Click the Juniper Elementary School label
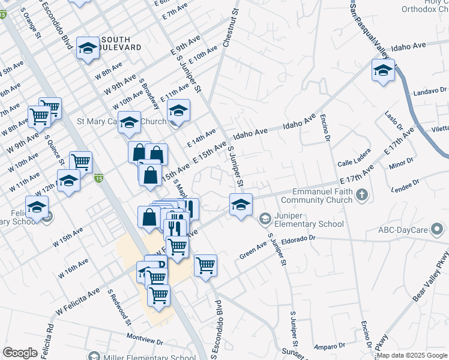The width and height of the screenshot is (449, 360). coord(309,220)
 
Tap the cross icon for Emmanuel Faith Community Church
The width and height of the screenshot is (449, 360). coord(361,194)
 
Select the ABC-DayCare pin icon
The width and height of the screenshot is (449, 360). coord(438,229)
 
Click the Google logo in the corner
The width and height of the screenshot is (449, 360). coord(20,353)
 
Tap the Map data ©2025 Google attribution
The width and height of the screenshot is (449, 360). coord(411,355)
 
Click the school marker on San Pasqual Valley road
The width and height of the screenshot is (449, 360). coord(382,71)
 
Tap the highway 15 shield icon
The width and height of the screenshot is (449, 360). coord(98,178)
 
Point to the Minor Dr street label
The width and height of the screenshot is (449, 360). coord(402,161)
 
